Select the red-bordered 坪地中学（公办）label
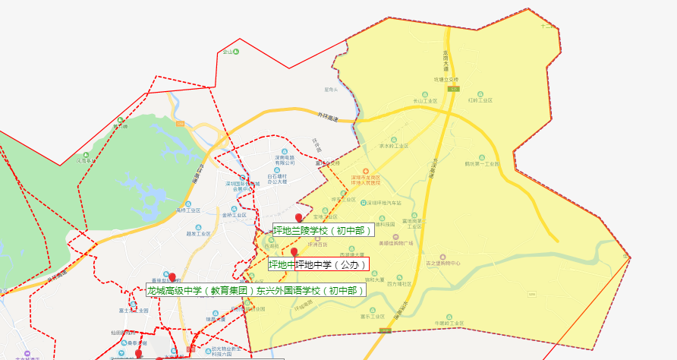click(332, 264)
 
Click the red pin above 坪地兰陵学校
click(298, 219)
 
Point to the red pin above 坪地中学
click(294, 252)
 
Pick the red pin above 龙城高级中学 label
click(172, 277)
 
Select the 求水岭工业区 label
click(394, 146)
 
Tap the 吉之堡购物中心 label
click(464, 264)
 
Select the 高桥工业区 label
click(187, 210)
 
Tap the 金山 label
click(226, 52)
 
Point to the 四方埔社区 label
click(399, 284)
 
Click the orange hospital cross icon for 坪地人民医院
click(366, 170)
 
